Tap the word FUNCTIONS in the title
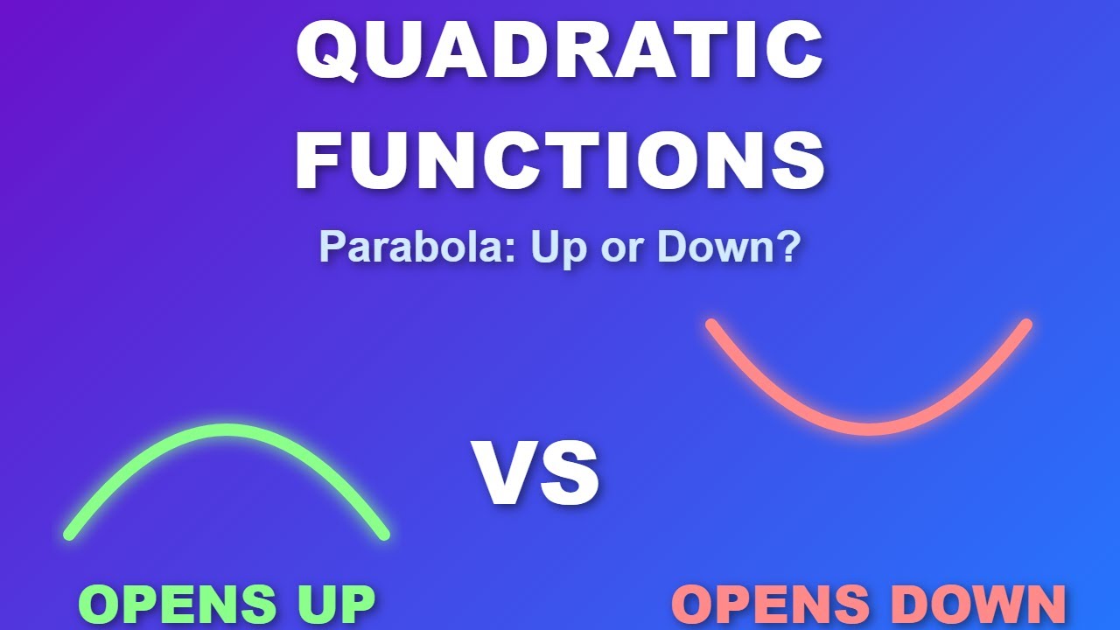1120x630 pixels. (x=560, y=160)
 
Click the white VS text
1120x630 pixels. (x=536, y=474)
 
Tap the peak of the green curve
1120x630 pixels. (x=227, y=430)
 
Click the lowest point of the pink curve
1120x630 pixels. (x=869, y=429)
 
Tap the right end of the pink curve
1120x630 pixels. (x=1026, y=325)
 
